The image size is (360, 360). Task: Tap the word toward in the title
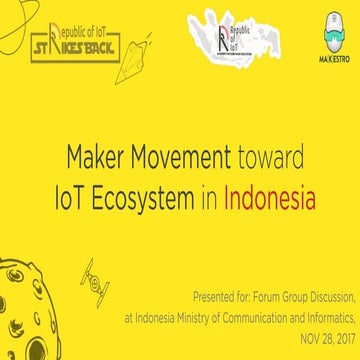pyautogui.click(x=266, y=158)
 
